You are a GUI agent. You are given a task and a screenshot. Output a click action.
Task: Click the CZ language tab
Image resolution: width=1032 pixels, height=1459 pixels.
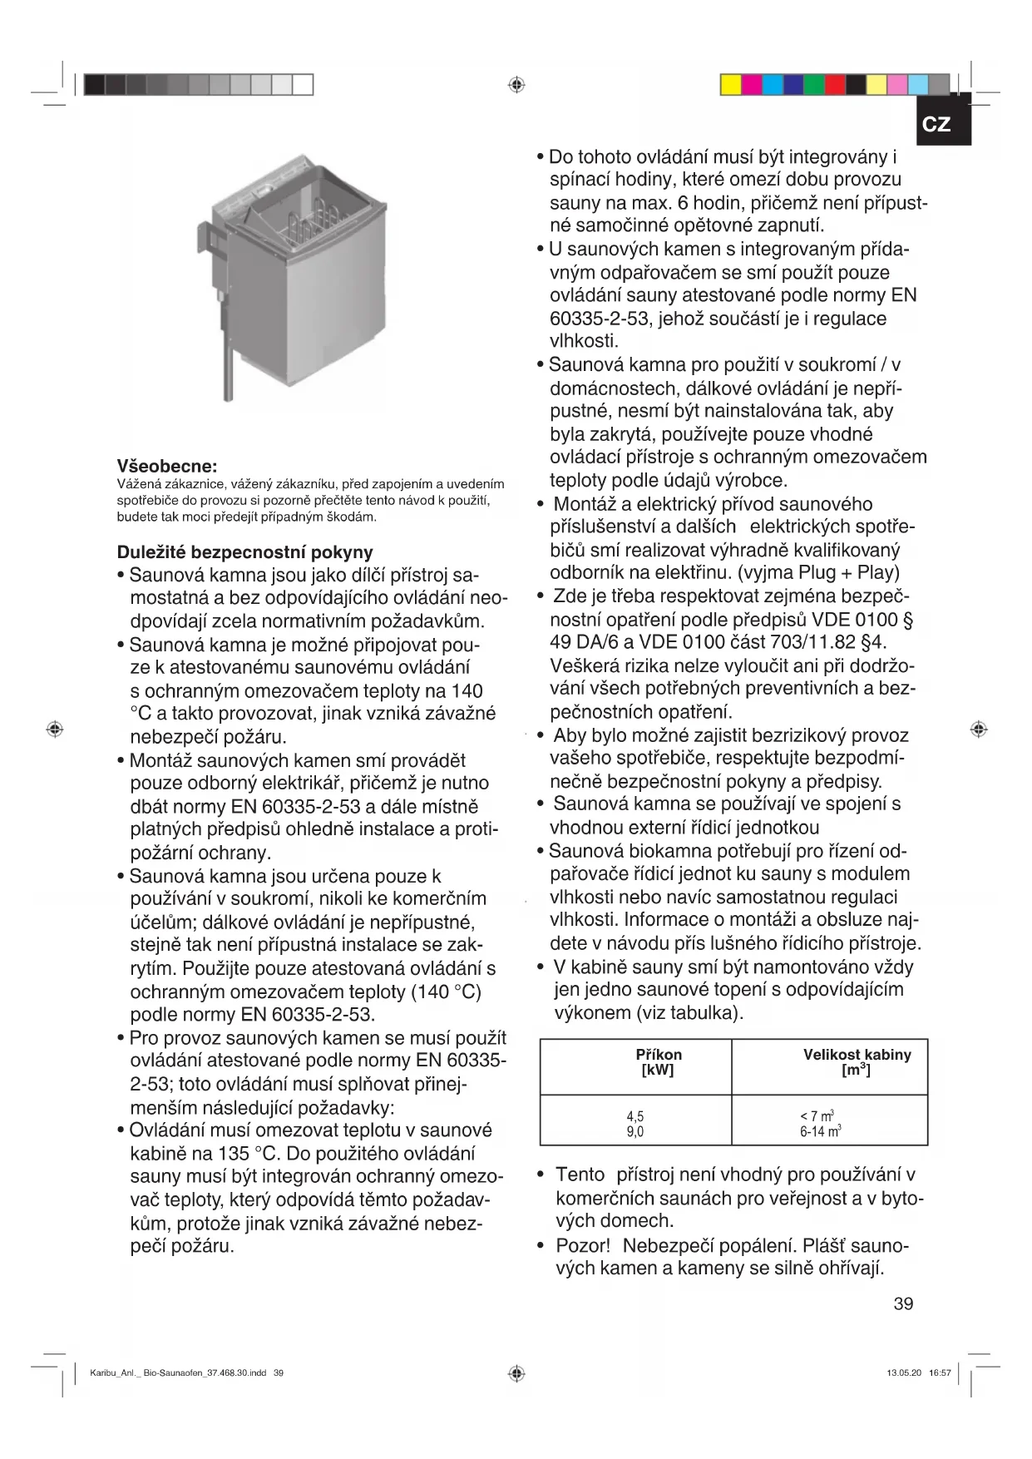[936, 124]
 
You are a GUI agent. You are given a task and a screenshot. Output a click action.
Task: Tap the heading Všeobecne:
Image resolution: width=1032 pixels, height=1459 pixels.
[166, 466]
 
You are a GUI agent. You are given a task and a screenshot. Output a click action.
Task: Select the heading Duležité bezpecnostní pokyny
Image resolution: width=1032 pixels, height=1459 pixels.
[244, 552]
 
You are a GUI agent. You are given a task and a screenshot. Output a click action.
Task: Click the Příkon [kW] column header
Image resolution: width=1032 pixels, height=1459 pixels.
[658, 1062]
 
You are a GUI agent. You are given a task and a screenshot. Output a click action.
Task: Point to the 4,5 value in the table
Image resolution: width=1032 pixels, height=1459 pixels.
[635, 1116]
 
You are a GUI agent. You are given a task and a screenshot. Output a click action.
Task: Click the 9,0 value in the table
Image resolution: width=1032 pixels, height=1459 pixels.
[635, 1131]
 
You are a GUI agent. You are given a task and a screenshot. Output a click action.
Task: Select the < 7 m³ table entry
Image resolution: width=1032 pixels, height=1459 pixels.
[817, 1116]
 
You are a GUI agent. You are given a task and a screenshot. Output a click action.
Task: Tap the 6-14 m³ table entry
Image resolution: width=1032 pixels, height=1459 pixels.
[820, 1131]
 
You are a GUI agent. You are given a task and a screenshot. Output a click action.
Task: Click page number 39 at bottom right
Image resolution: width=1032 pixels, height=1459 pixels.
[903, 1303]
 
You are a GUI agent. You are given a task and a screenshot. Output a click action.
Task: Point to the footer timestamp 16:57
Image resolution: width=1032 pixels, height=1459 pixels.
[940, 1373]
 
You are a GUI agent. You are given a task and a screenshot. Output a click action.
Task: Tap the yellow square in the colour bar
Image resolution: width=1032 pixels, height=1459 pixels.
[731, 85]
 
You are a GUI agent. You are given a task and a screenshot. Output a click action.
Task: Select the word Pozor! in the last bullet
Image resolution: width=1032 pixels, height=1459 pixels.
[583, 1246]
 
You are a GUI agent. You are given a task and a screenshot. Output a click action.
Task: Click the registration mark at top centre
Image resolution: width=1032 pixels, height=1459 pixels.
[516, 85]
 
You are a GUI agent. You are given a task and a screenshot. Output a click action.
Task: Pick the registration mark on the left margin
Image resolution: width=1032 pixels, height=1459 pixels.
[55, 729]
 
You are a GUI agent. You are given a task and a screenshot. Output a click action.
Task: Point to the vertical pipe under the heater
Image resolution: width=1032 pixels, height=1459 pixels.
[228, 358]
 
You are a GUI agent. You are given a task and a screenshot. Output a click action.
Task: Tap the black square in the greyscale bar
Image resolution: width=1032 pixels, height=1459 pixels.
[95, 85]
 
